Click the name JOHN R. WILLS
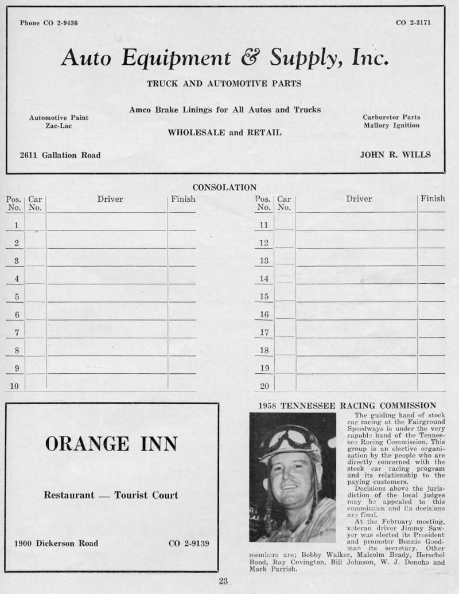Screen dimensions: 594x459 click(395, 155)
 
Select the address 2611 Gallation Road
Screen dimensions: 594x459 click(60, 155)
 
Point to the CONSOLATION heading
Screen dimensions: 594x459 click(224, 187)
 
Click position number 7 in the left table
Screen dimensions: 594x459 click(17, 333)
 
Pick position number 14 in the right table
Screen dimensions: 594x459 click(264, 279)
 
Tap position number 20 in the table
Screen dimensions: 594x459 click(264, 386)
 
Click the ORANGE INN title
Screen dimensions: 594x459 click(111, 443)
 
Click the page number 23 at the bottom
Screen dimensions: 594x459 click(224, 581)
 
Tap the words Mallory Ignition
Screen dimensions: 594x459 click(391, 125)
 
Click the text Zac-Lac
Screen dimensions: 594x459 click(59, 126)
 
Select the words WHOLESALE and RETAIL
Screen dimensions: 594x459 click(224, 132)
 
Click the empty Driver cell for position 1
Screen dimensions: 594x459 click(107, 225)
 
